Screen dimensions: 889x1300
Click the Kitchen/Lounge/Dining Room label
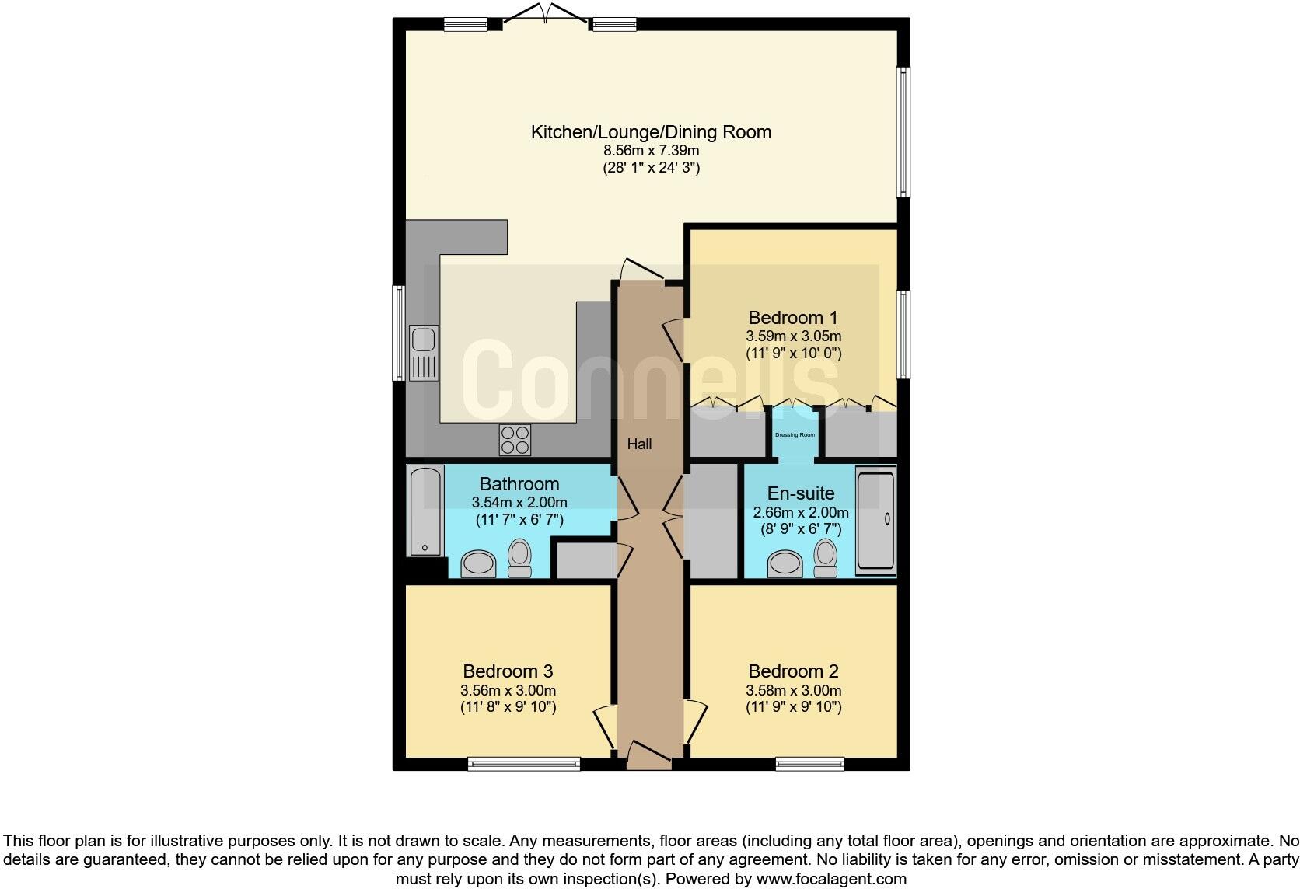[651, 132]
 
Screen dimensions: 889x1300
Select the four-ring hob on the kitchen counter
[515, 440]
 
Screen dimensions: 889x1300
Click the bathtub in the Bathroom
[425, 511]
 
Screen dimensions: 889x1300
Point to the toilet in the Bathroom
[519, 559]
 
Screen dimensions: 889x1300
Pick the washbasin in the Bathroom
[478, 564]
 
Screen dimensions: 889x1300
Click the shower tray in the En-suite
[875, 520]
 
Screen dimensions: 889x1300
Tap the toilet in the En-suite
[825, 559]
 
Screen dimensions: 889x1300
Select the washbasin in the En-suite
[785, 564]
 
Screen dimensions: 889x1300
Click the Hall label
[640, 444]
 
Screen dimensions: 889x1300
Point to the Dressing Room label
[795, 435]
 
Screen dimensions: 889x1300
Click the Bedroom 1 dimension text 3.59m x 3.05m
[793, 336]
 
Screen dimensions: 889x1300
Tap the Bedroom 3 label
[508, 671]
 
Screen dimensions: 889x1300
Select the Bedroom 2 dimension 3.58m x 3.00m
[793, 690]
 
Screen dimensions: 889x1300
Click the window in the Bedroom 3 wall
[524, 764]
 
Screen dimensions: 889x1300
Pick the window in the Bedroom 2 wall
[809, 764]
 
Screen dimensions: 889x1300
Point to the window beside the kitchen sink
[398, 333]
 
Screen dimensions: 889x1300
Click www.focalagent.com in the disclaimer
[831, 880]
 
